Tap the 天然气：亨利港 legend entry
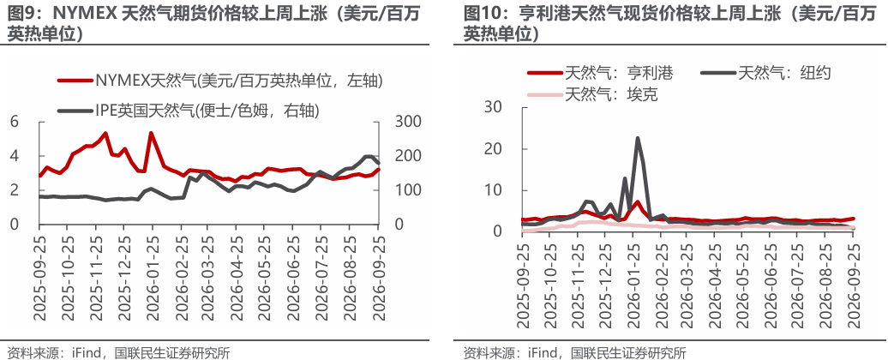pos(601,73)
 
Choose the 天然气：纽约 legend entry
pos(765,73)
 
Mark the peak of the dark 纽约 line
pos(637,138)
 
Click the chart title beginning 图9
pos(214,24)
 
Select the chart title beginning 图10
pos(669,24)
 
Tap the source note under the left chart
pos(118,352)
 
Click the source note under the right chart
pos(574,352)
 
